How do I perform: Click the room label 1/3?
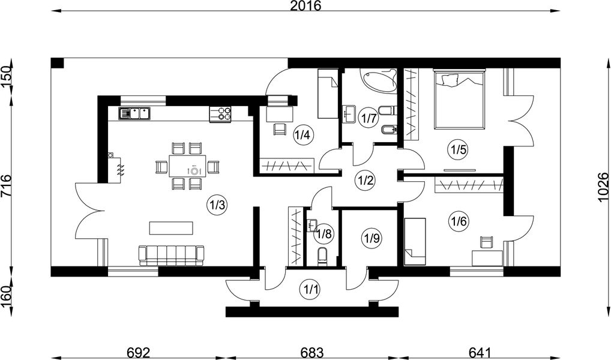(x=217, y=205)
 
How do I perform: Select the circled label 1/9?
(x=372, y=237)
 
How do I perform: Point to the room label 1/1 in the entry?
(x=310, y=290)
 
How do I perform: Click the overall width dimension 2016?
(x=305, y=6)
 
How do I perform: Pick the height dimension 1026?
(x=603, y=187)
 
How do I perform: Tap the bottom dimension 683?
(x=312, y=353)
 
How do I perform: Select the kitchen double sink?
(x=134, y=113)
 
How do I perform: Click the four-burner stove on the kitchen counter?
(x=220, y=113)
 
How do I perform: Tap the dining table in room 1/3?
(x=188, y=166)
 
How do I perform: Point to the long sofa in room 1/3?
(x=172, y=256)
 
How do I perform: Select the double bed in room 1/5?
(x=459, y=100)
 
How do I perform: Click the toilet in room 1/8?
(x=323, y=257)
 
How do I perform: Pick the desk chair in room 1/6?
(x=486, y=242)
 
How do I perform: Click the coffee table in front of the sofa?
(x=171, y=228)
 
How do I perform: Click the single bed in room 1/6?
(x=415, y=242)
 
